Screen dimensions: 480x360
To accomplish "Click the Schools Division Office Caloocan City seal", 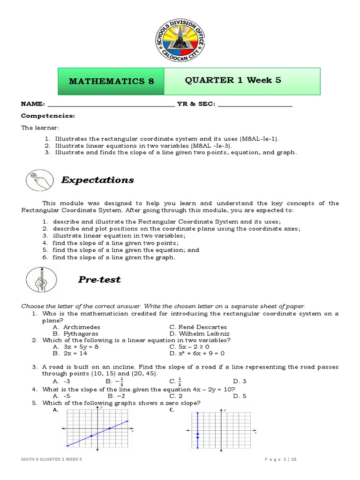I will coord(180,40).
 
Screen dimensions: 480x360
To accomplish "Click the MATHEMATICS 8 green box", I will coord(111,81).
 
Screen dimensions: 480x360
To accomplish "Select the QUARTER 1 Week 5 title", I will coord(233,80).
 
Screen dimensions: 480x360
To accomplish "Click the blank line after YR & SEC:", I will coord(255,104).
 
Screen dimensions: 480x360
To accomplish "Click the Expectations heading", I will coord(97,180).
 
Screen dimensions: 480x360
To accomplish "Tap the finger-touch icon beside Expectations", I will coord(39,180).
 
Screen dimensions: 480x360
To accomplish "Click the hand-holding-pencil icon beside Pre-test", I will coord(41,279).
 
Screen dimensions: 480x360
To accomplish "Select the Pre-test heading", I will coord(99,279).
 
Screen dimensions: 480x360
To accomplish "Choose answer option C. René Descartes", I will coord(198,327).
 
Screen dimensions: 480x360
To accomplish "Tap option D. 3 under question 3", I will coord(240,381).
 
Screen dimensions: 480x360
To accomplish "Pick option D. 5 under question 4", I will coord(240,396).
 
